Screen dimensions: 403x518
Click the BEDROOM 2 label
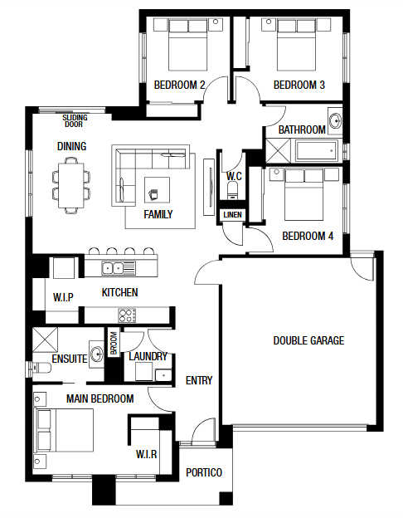[180, 85]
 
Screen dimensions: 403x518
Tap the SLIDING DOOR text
[75, 121]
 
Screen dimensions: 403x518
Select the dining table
[71, 185]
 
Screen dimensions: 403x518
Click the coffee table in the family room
[157, 190]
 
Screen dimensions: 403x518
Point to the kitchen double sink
[119, 267]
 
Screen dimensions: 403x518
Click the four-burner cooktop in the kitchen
[127, 315]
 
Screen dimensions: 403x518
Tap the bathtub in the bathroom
[317, 151]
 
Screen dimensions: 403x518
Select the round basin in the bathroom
[335, 121]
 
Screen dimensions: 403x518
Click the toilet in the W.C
[232, 189]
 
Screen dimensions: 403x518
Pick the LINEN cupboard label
[232, 215]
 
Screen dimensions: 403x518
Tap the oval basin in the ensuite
[97, 354]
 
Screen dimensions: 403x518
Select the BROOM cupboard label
[114, 343]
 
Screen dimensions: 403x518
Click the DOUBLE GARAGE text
[308, 340]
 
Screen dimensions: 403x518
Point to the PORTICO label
[204, 472]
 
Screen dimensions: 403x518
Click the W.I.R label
[146, 454]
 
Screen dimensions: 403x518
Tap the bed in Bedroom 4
[303, 194]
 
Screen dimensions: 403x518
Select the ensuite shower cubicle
[45, 340]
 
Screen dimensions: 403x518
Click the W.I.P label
[63, 297]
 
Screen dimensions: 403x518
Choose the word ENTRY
[199, 380]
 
